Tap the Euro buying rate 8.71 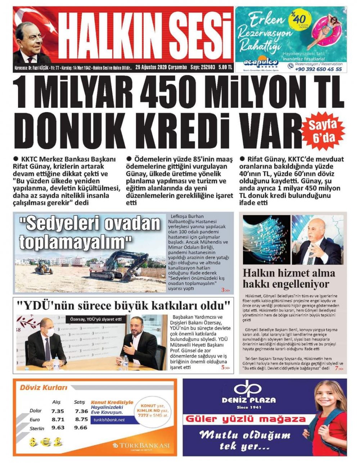58,419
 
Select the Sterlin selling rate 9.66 81,428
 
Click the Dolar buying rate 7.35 58,411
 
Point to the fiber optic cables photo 266,239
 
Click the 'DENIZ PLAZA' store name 254,400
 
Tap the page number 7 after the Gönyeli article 336,369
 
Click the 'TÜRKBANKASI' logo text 144,446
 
